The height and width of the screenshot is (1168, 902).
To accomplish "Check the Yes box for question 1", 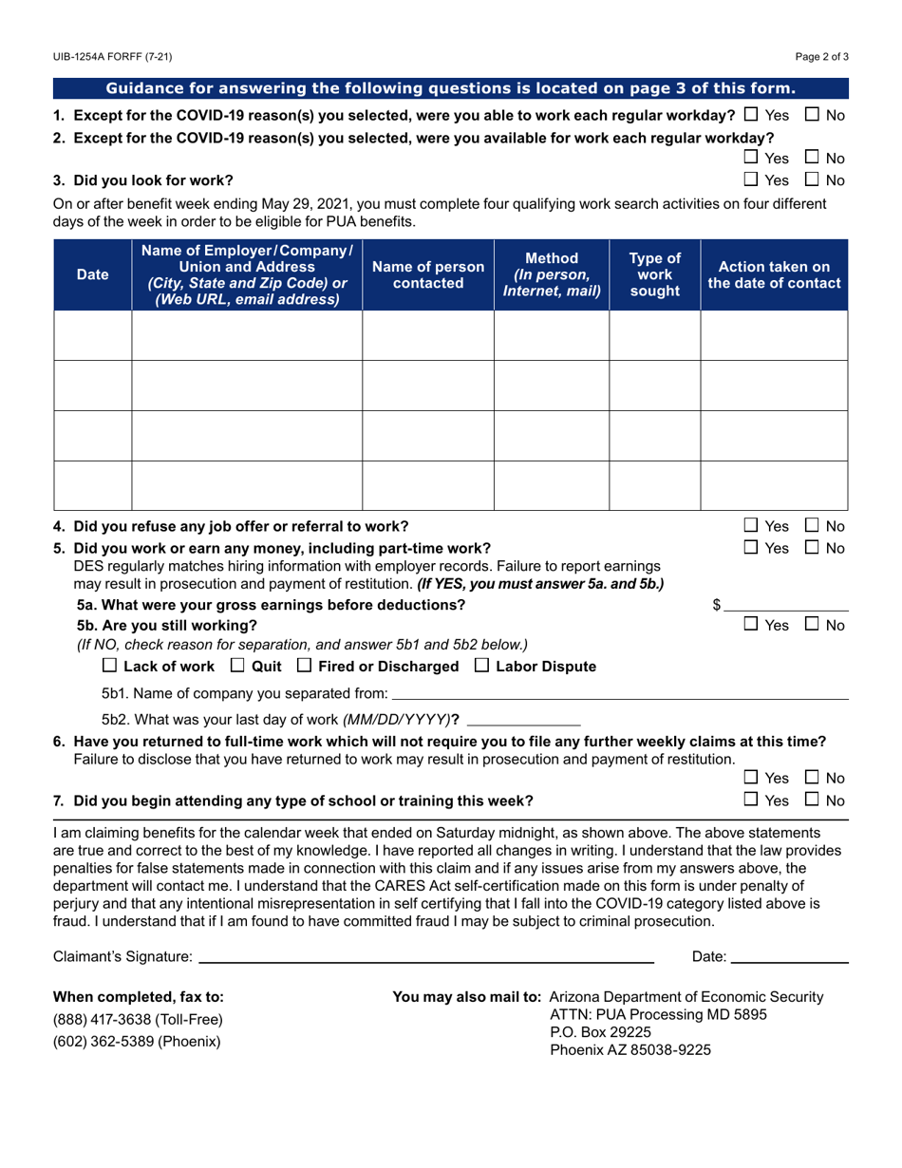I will [751, 115].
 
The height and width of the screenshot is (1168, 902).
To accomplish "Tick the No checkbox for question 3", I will [812, 179].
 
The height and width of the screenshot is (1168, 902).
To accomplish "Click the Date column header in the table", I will [92, 274].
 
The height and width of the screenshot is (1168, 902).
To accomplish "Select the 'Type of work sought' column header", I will [654, 274].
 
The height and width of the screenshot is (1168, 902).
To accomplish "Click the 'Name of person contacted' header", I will [428, 274].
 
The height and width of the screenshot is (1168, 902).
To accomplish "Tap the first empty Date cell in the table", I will [92, 335].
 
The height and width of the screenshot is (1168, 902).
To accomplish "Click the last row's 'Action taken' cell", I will [774, 485].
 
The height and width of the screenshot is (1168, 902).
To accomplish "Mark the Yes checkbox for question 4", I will [751, 525].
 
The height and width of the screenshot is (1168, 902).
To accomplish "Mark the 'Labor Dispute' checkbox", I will [481, 666].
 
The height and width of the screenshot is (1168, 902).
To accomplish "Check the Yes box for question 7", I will [751, 800].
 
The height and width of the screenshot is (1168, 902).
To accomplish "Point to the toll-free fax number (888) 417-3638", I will [138, 1019].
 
